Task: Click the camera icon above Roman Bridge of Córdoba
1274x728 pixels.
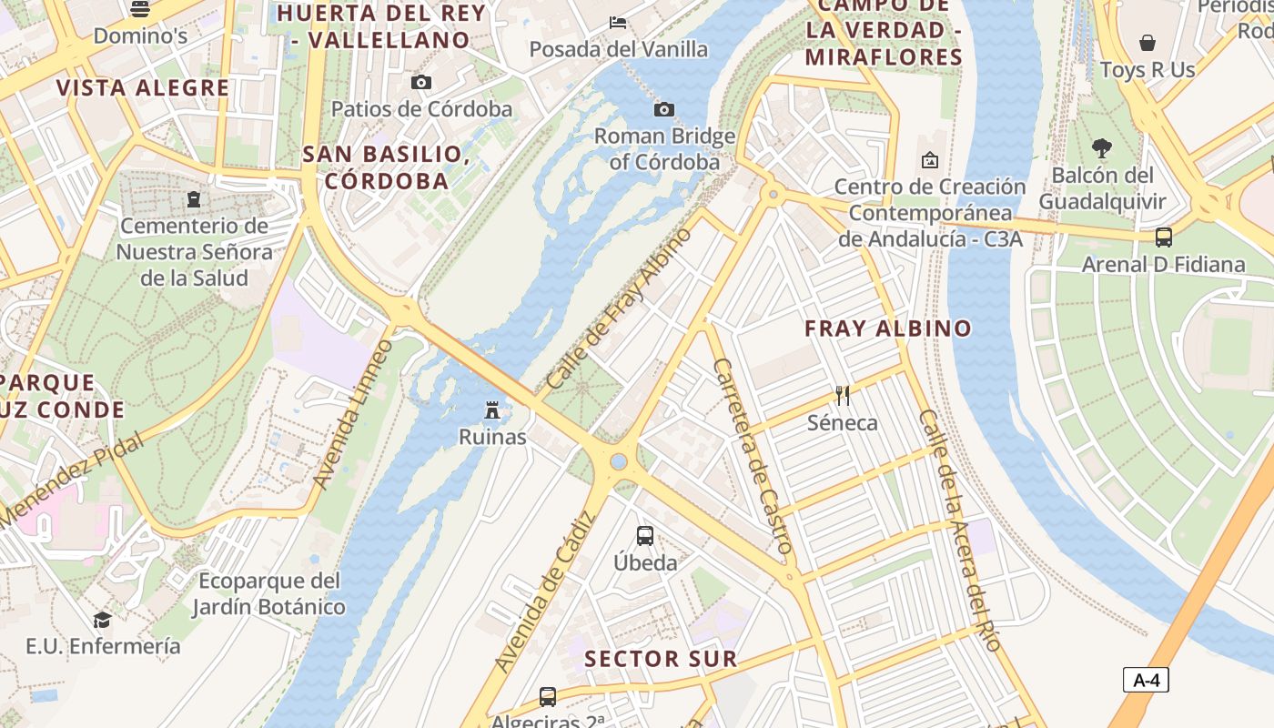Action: pyautogui.click(x=664, y=110)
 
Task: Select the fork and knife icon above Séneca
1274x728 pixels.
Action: pyautogui.click(x=843, y=396)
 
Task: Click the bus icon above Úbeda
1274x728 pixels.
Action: pyautogui.click(x=645, y=535)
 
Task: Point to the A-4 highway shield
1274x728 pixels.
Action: pyautogui.click(x=1145, y=680)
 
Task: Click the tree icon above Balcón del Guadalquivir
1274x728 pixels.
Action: pyautogui.click(x=1101, y=148)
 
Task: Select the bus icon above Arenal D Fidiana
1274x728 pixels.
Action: pyautogui.click(x=1163, y=238)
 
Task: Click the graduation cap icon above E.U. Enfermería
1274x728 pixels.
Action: pyautogui.click(x=102, y=620)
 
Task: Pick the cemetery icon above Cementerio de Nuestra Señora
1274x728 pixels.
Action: pyautogui.click(x=193, y=198)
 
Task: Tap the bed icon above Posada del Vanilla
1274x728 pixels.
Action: pyautogui.click(x=618, y=22)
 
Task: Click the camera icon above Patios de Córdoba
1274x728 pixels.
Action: pyautogui.click(x=420, y=82)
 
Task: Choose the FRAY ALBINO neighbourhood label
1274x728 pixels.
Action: pyautogui.click(x=888, y=329)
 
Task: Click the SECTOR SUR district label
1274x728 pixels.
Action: pyautogui.click(x=661, y=659)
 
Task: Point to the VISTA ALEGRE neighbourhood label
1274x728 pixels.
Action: pyautogui.click(x=143, y=88)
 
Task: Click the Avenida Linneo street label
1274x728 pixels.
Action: pyautogui.click(x=353, y=414)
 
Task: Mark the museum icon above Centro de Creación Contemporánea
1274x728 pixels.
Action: pyautogui.click(x=930, y=160)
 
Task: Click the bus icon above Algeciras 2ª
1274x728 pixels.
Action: pyautogui.click(x=548, y=697)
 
